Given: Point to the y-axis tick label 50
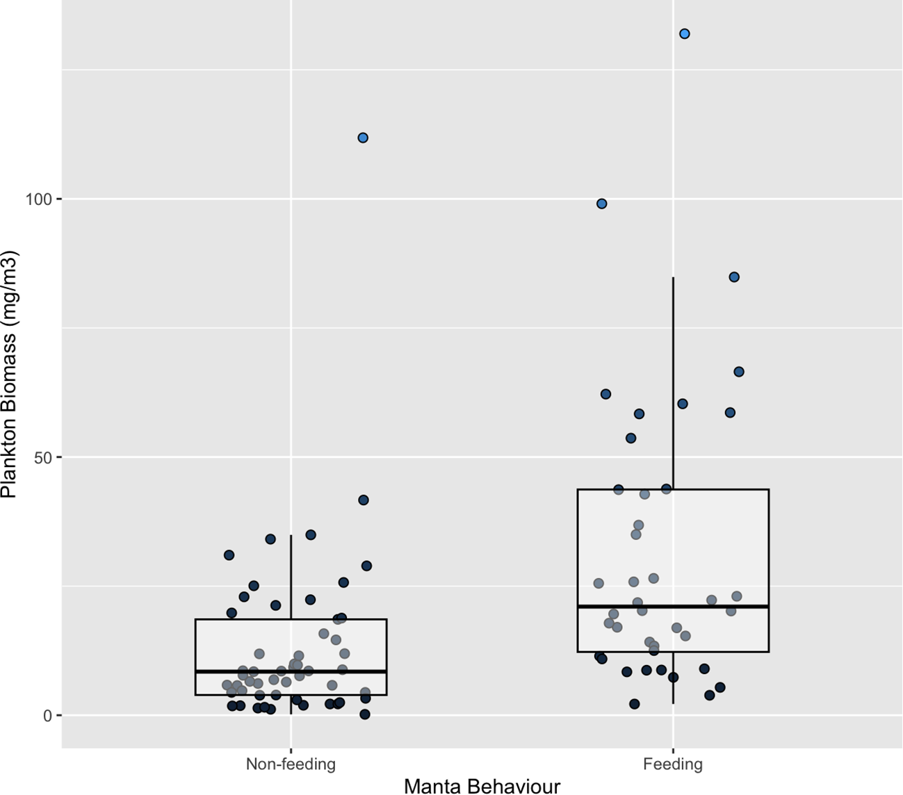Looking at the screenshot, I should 45,457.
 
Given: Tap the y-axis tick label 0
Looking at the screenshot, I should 49,716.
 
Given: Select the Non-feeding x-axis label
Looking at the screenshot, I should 291,764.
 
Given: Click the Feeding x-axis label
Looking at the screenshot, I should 672,764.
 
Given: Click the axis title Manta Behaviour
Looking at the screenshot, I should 482,786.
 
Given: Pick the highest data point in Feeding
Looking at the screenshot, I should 685,34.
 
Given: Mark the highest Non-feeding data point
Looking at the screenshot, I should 363,138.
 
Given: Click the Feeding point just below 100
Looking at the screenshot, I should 602,204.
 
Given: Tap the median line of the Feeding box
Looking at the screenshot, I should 673,607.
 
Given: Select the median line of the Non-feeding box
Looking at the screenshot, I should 291,671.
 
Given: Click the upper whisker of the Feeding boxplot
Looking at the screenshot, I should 673,382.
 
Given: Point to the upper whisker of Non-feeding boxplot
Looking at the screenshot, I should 291,577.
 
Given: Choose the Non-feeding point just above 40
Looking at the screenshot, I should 363,500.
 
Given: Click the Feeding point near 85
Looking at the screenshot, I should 734,277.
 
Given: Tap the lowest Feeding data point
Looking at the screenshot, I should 634,704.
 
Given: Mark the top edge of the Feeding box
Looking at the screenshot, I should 673,489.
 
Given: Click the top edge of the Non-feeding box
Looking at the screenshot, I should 291,619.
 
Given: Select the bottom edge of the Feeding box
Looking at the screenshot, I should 673,652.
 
